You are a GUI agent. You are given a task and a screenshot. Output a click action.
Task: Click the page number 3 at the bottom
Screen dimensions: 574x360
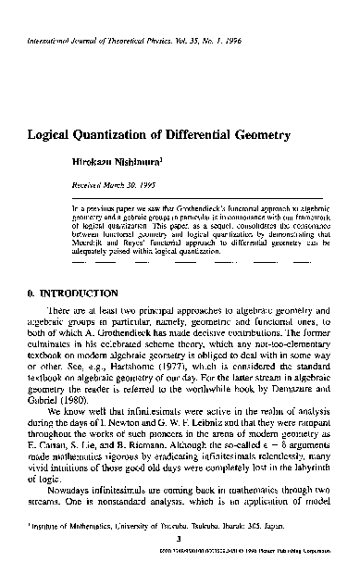click(x=180, y=545)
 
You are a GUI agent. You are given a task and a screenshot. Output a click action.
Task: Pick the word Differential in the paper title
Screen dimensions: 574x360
click(x=207, y=135)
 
